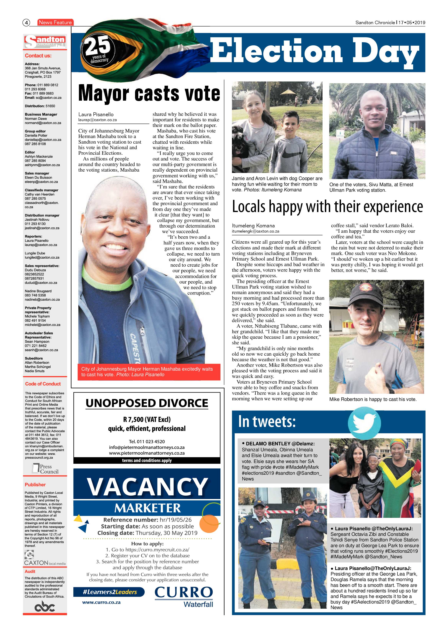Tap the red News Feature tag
click(55, 22)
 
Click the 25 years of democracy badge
click(98, 50)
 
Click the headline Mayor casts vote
click(149, 93)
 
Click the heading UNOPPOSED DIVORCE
click(147, 403)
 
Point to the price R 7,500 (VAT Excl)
click(147, 419)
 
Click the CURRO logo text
click(184, 592)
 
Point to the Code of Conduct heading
click(43, 384)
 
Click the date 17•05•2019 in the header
click(412, 23)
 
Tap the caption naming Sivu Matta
click(371, 187)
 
